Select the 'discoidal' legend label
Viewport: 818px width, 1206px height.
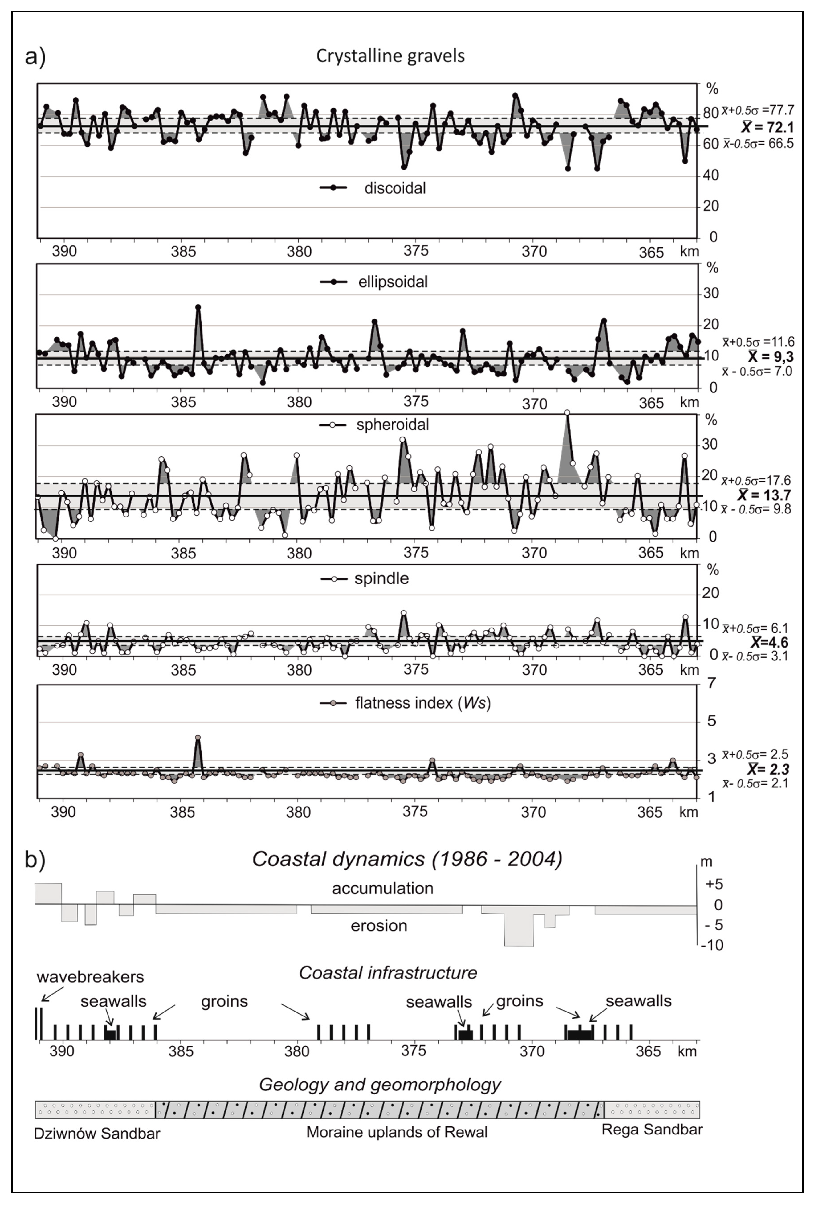395,188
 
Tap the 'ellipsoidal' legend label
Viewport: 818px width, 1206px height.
393,282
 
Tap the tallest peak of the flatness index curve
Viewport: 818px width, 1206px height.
198,737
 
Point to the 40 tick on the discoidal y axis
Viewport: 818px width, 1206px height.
711,175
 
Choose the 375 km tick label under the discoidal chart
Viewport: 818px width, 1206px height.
416,251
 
